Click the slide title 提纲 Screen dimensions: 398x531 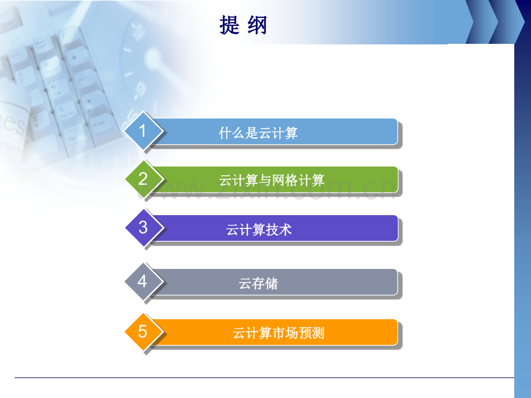click(x=244, y=25)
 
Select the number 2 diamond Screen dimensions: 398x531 click(x=143, y=179)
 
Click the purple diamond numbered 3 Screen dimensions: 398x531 click(x=143, y=227)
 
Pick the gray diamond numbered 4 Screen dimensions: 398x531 click(x=143, y=281)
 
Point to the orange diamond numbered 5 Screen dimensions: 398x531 click(x=143, y=332)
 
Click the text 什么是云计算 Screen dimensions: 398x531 click(x=259, y=133)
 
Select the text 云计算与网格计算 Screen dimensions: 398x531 click(x=272, y=181)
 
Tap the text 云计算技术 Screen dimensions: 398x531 click(x=259, y=230)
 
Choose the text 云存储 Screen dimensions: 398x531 click(x=259, y=284)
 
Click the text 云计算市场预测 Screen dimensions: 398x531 click(x=278, y=333)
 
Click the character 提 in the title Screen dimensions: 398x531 click(x=230, y=25)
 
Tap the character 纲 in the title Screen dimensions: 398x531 click(x=258, y=25)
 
